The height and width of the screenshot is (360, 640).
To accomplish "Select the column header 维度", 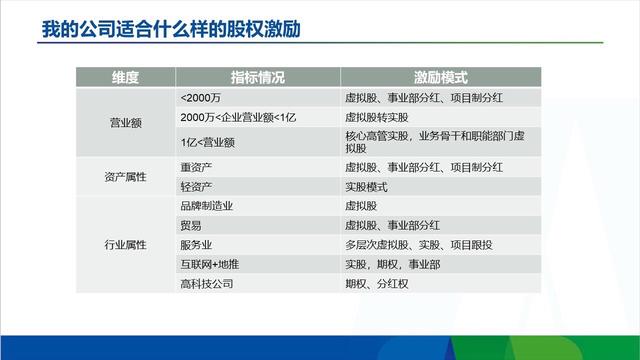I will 124,77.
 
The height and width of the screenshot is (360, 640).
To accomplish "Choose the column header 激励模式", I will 441,77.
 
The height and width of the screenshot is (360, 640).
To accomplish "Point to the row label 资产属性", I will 125,176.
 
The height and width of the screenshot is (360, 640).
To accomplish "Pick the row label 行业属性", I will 125,243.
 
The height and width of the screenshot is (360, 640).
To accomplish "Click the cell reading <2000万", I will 201,97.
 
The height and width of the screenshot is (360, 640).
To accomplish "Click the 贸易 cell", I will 190,224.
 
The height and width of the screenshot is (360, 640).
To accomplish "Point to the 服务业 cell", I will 195,244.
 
